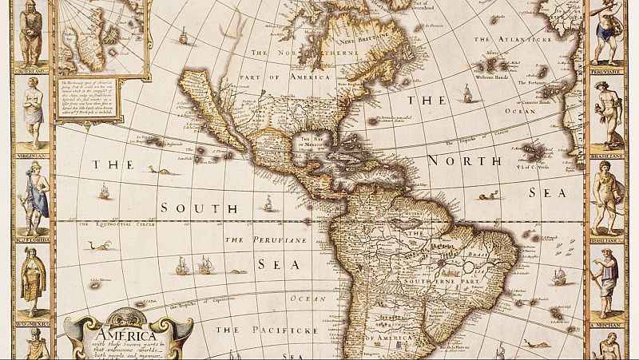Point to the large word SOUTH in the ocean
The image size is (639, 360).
[x=189, y=208]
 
